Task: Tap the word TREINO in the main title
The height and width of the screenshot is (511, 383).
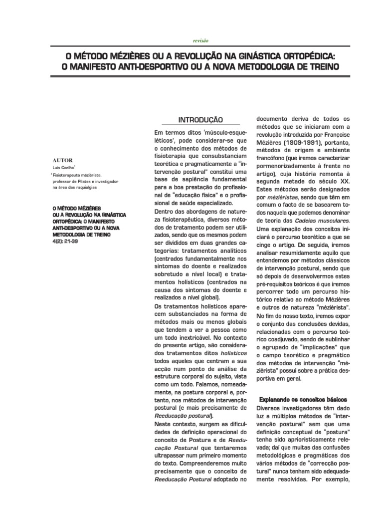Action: point(314,66)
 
